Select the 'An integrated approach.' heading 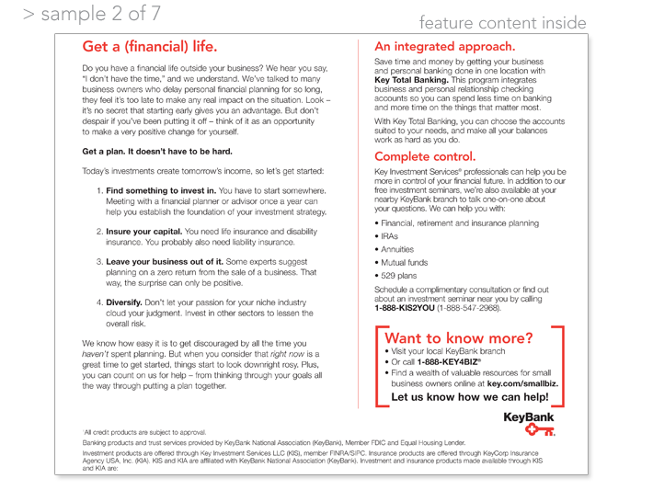coord(444,46)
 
